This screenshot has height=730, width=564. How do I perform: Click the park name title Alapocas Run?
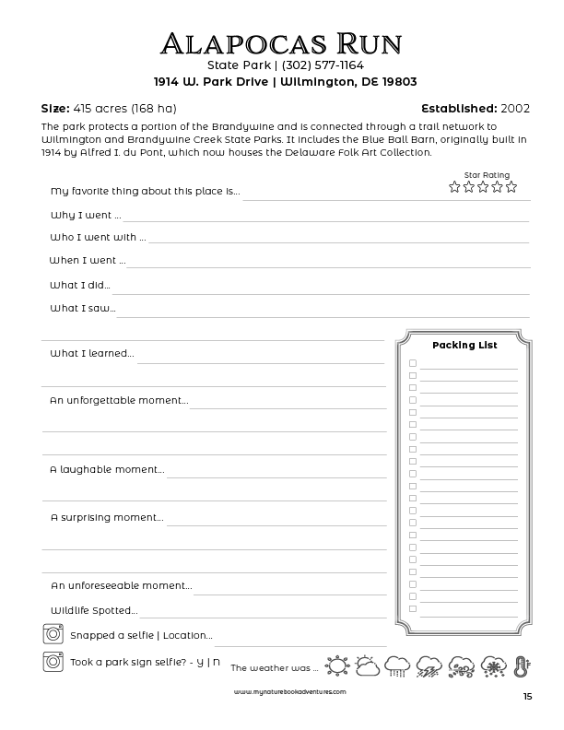click(281, 43)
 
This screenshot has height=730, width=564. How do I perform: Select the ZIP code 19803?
click(396, 81)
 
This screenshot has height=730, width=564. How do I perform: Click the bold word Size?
click(56, 108)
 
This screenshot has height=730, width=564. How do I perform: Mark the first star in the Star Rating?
click(454, 187)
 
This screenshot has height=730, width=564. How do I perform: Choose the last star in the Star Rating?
click(511, 187)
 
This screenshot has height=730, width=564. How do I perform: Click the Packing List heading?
click(464, 345)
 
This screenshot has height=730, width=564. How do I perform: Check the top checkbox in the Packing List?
click(413, 363)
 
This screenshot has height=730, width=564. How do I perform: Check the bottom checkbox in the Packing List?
click(413, 608)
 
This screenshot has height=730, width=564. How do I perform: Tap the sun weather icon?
click(336, 665)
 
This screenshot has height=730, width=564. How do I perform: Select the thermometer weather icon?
click(521, 665)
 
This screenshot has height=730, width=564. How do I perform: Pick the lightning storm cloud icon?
click(429, 665)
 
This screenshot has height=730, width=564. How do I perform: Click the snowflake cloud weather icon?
click(491, 665)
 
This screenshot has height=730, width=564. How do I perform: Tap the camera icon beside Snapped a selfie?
click(52, 634)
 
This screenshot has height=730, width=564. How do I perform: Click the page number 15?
click(526, 697)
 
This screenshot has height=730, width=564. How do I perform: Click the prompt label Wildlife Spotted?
click(93, 610)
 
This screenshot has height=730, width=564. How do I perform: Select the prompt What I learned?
click(91, 353)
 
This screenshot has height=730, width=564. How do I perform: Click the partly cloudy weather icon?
click(366, 665)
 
